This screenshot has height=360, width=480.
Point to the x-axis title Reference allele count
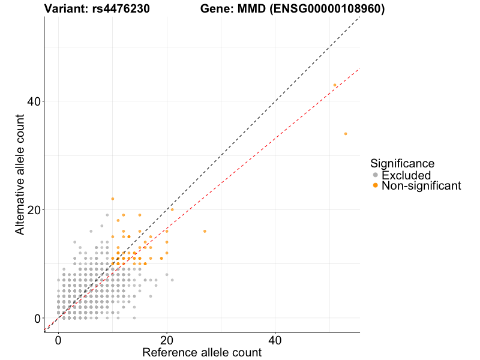click(x=202, y=352)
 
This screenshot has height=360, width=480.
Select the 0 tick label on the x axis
click(x=58, y=340)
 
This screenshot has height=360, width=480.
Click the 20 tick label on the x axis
click(x=167, y=340)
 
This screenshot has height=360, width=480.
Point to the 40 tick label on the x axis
click(x=275, y=340)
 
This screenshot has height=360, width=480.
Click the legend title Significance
click(x=402, y=163)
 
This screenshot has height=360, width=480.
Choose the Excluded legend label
click(x=406, y=175)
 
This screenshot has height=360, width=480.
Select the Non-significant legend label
click(x=421, y=186)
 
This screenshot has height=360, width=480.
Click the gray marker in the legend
click(x=376, y=175)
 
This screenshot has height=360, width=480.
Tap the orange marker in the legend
click(x=376, y=186)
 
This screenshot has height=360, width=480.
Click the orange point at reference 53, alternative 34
click(x=346, y=134)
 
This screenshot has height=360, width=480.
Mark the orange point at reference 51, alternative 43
click(x=335, y=85)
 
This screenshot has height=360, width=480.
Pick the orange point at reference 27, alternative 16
click(x=205, y=231)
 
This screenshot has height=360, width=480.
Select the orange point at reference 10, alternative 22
click(x=112, y=199)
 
